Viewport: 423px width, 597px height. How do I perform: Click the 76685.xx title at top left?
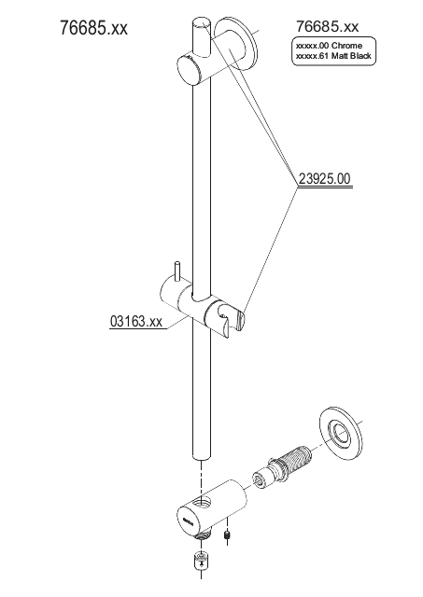[93, 28]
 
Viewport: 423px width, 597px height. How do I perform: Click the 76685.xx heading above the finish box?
[328, 27]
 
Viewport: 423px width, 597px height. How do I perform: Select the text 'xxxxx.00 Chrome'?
[329, 46]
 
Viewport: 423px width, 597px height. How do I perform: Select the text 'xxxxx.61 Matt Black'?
[333, 56]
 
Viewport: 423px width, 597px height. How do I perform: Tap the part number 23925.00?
[324, 178]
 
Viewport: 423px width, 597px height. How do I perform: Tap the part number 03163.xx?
[136, 321]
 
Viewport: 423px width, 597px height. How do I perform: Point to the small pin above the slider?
[177, 271]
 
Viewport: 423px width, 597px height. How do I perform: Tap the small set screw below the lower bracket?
[227, 535]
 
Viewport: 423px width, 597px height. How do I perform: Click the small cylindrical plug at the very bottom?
[201, 562]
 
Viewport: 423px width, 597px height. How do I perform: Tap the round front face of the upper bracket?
[189, 71]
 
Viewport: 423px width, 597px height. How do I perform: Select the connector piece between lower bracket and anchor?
[261, 479]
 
